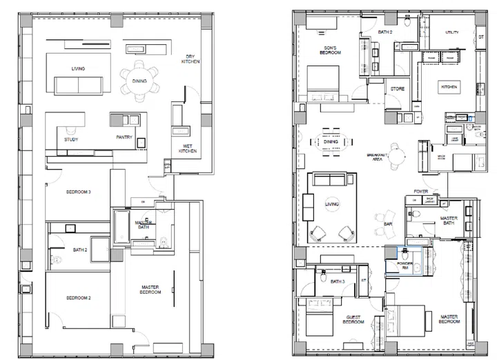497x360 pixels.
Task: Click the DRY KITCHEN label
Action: tap(191, 59)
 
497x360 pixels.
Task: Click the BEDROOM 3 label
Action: tap(79, 191)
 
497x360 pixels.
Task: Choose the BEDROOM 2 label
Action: tap(79, 297)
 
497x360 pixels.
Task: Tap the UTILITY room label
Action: tap(451, 32)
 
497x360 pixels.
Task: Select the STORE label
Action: tap(397, 89)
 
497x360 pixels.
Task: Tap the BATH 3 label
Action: tap(338, 281)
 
